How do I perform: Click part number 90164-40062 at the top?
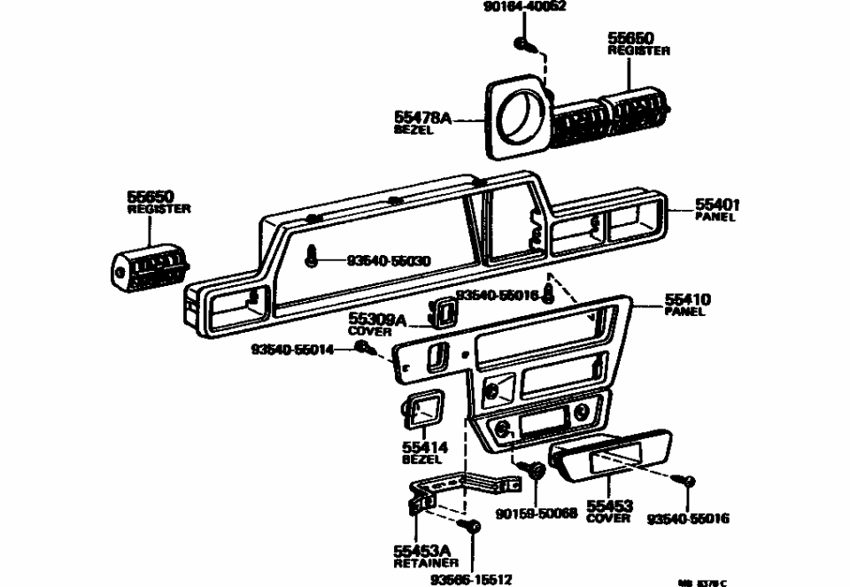tap(524, 6)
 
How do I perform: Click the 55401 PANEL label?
tap(716, 210)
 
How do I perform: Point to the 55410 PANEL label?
tap(687, 305)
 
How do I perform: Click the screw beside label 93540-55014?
tap(364, 349)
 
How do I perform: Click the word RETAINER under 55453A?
tap(426, 562)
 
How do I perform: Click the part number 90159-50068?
tap(536, 514)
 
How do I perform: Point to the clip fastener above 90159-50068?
tap(534, 470)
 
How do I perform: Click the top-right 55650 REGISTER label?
tap(637, 44)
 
